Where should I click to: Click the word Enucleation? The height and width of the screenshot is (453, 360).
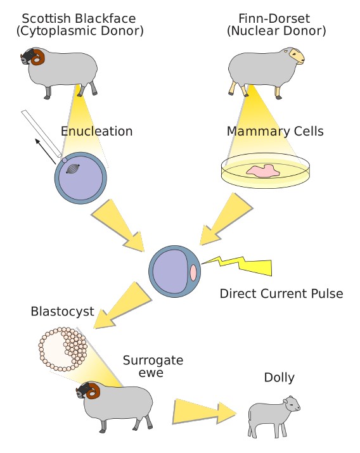96,131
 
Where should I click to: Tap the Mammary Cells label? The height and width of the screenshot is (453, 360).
275,131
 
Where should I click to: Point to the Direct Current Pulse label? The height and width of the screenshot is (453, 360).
281,293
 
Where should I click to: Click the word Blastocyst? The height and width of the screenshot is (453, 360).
62,312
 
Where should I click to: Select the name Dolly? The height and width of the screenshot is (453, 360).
279,378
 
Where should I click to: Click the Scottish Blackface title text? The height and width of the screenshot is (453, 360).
79,19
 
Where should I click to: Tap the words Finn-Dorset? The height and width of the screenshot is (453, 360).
274,19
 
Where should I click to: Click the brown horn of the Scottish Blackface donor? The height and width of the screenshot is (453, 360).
39,57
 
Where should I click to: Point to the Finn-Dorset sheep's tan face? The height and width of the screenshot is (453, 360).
297,56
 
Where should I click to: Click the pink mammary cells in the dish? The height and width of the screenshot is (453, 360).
263,170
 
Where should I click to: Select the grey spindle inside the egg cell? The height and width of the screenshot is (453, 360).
72,169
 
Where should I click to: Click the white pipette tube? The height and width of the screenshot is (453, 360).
42,134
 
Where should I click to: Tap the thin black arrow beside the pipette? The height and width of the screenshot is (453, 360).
45,151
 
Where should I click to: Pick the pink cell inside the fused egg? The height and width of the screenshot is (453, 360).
193,272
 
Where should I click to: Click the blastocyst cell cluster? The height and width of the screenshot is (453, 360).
63,349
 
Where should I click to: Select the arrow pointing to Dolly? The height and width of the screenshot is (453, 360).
205,412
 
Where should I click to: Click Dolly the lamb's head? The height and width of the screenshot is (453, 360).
292,404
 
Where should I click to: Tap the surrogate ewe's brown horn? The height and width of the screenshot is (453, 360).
94,390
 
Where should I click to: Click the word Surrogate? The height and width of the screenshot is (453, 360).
153,360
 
